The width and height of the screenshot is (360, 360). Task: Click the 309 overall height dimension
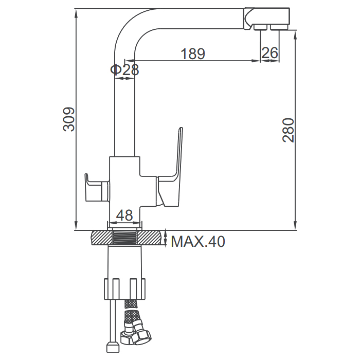(69, 119)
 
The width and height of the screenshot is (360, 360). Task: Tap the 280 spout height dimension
(288, 130)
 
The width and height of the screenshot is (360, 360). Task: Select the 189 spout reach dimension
(193, 53)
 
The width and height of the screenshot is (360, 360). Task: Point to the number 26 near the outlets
(270, 52)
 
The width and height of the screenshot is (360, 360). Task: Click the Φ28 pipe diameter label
(124, 69)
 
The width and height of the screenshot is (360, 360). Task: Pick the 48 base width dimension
(124, 215)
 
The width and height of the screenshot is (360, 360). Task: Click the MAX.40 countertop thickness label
(198, 241)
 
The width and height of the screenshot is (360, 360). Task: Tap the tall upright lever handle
(170, 167)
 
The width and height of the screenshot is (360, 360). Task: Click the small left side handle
(97, 188)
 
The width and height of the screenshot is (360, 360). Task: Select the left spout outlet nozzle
(261, 27)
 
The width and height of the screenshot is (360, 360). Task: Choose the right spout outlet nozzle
(279, 27)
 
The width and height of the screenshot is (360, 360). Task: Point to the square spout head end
(266, 19)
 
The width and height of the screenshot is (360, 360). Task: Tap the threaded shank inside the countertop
(125, 238)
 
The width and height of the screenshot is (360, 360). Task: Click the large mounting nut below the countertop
(124, 289)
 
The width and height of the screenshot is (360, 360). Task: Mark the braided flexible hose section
(131, 313)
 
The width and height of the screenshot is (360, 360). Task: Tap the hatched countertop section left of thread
(103, 238)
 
